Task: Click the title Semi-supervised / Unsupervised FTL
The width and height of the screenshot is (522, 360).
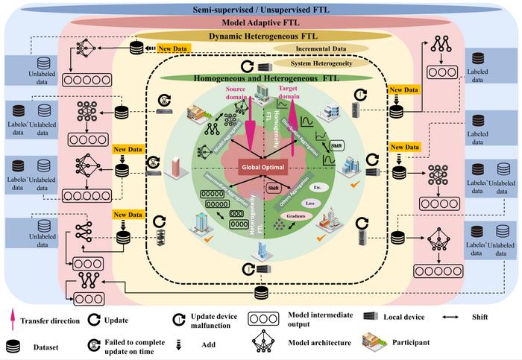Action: click(x=260, y=10)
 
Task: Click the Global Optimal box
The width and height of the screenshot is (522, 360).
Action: click(x=260, y=166)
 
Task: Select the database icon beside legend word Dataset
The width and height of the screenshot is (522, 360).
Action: click(x=13, y=346)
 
